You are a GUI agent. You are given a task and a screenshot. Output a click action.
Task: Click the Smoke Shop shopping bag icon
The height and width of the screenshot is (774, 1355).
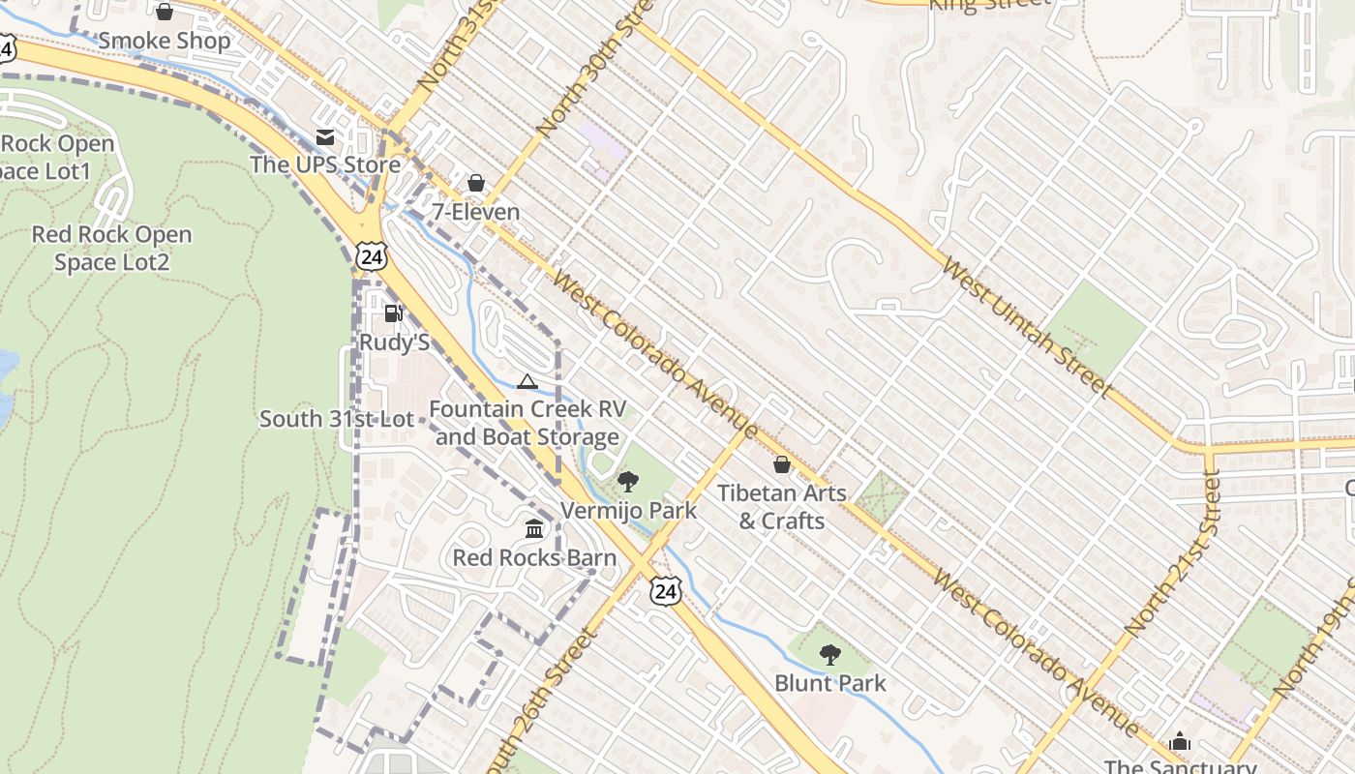(165, 12)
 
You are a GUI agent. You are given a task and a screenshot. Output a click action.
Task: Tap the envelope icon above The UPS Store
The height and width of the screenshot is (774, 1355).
(325, 137)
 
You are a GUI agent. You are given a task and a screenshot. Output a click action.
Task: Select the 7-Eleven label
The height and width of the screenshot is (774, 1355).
(475, 212)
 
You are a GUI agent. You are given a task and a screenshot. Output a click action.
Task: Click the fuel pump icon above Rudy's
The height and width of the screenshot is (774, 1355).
(393, 313)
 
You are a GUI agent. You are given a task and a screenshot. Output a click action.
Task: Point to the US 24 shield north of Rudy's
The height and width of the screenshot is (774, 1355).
(371, 255)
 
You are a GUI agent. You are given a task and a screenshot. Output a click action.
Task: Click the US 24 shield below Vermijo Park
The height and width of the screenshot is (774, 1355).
(664, 591)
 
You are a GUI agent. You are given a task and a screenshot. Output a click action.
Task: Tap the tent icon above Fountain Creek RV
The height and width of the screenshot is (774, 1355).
(527, 381)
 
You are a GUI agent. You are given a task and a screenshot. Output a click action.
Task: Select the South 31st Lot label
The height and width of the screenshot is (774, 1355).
(336, 419)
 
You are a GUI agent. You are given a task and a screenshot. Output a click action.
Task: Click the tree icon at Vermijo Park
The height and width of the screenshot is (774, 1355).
(628, 481)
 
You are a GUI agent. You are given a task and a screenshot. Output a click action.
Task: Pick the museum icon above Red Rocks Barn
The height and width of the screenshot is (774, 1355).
(534, 528)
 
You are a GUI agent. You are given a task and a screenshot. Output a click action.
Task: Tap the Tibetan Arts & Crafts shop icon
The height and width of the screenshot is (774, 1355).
(782, 465)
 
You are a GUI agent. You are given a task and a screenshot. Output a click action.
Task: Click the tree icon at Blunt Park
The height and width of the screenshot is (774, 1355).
(829, 655)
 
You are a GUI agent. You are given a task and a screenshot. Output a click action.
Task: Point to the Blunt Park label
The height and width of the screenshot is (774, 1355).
(829, 683)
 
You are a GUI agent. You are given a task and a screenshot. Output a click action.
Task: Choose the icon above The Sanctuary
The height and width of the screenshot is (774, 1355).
(1180, 742)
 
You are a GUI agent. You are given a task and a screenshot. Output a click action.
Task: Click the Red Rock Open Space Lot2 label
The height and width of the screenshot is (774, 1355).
(111, 249)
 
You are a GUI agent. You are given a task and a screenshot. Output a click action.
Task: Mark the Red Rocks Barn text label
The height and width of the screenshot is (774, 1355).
(534, 557)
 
